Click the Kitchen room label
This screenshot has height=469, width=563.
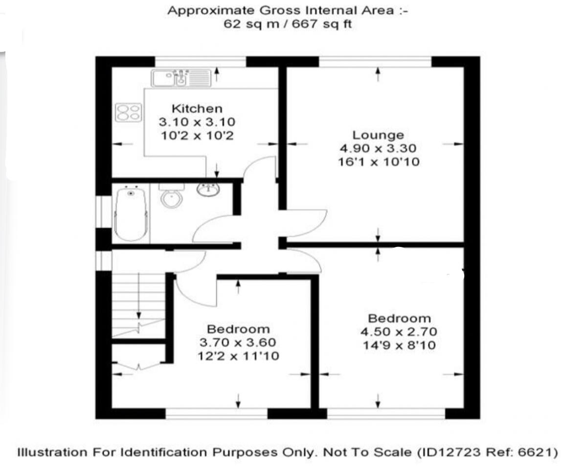[x=197, y=109]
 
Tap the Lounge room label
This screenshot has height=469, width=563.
[x=378, y=134]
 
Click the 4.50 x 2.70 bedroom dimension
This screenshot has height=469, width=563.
[x=399, y=332]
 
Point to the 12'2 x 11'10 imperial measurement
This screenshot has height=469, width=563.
[x=239, y=356]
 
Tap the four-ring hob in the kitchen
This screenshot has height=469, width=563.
[x=129, y=112]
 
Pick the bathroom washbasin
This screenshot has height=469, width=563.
[x=209, y=189]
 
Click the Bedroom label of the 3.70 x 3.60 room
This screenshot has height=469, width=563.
[x=238, y=329]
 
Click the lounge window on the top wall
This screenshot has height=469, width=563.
[x=375, y=61]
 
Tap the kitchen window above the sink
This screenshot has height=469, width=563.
[x=201, y=61]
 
